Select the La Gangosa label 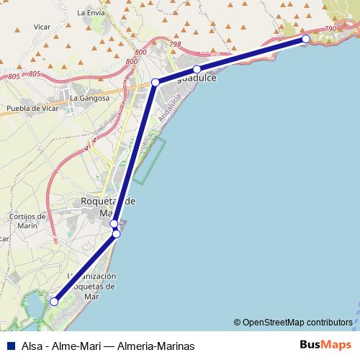[90, 98]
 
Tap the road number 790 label [330, 29]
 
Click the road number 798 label [175, 45]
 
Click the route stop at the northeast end [306, 39]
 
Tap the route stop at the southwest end [54, 302]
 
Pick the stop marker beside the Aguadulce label [197, 69]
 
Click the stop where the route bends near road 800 [155, 83]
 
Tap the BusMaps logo [325, 345]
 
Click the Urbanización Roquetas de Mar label [91, 286]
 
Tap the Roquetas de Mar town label [108, 207]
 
